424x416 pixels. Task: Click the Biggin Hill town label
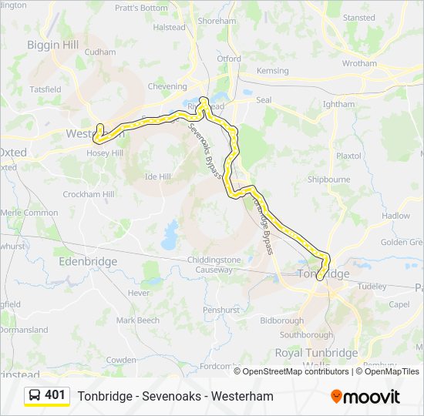(53, 45)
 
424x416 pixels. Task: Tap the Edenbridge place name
(88, 262)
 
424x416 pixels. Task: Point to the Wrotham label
(359, 63)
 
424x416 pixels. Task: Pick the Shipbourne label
(329, 179)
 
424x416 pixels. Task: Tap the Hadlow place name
(395, 216)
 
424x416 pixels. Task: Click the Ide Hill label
(157, 176)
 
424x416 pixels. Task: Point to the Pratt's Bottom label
(141, 8)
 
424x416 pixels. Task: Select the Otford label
(228, 59)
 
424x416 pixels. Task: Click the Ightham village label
(339, 104)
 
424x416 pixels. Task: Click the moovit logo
(365, 397)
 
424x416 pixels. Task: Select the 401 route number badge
(55, 395)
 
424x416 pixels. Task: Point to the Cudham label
(99, 52)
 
